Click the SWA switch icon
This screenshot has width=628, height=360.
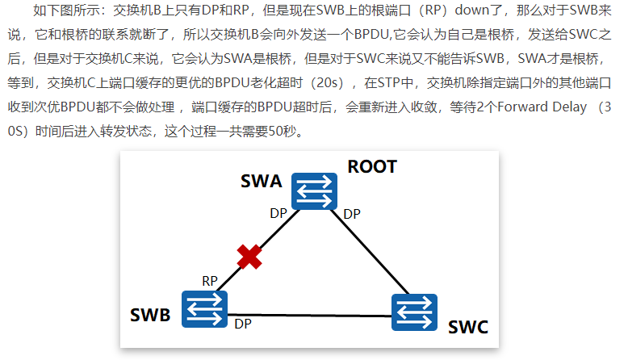(314, 191)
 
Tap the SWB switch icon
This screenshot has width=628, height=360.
(204, 308)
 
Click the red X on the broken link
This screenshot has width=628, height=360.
(250, 257)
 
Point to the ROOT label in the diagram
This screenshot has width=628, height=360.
(372, 167)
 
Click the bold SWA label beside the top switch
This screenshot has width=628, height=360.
(262, 182)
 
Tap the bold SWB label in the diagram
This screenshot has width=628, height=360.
(151, 315)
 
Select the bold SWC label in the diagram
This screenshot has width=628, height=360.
(468, 329)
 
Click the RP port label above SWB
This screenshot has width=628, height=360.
(210, 281)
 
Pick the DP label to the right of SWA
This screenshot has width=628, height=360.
(352, 214)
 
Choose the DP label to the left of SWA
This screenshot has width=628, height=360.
(278, 214)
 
